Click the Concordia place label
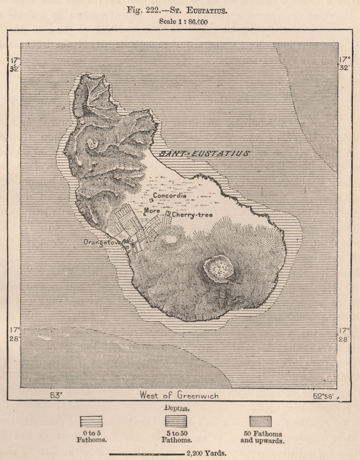pyautogui.click(x=170, y=195)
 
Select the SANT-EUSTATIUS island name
pyautogui.click(x=205, y=154)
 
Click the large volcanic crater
pyautogui.click(x=218, y=268)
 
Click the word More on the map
pyautogui.click(x=152, y=211)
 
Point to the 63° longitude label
pyautogui.click(x=56, y=395)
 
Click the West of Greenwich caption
pyautogui.click(x=179, y=395)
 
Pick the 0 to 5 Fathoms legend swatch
pyautogui.click(x=91, y=421)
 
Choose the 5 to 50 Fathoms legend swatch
pyautogui.click(x=176, y=421)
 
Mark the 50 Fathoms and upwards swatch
pyautogui.click(x=260, y=421)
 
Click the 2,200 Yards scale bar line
pyautogui.click(x=147, y=454)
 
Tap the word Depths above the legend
pyautogui.click(x=177, y=408)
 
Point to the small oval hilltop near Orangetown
pyautogui.click(x=171, y=239)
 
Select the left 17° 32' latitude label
pyautogui.click(x=15, y=64)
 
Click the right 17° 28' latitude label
pyautogui.click(x=344, y=334)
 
